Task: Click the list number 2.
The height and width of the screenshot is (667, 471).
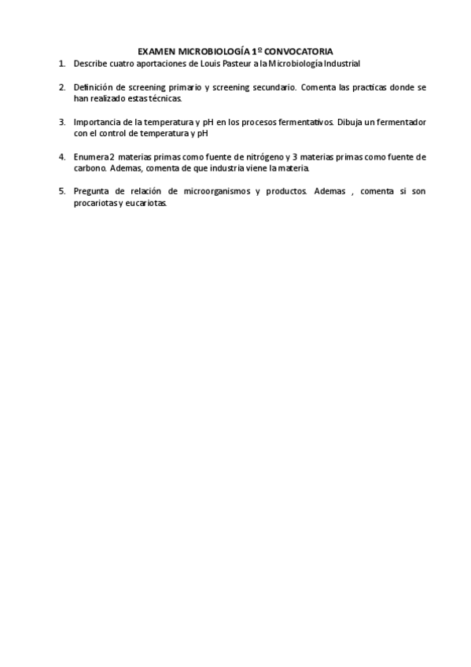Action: (62, 88)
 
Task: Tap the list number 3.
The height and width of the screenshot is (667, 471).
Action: (62, 123)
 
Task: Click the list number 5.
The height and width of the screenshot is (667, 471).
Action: (62, 192)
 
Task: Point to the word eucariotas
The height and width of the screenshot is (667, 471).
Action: (147, 203)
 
